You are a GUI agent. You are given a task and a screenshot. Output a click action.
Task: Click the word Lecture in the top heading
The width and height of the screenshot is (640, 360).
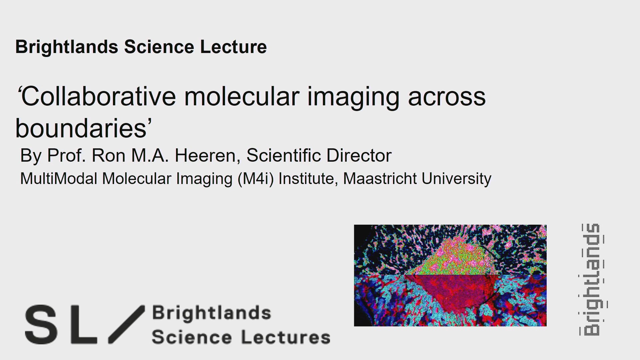[233, 47]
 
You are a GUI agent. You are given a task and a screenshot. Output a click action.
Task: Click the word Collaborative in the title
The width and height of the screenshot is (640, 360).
[97, 97]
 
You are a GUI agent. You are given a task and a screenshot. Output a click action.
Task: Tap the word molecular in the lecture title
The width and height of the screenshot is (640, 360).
[242, 97]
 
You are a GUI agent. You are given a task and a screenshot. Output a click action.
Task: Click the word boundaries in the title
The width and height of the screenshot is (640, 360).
[82, 129]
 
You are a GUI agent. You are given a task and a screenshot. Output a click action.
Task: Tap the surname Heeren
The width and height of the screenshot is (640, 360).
[205, 156]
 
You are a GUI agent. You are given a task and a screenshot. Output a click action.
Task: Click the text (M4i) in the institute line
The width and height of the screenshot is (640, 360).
[255, 179]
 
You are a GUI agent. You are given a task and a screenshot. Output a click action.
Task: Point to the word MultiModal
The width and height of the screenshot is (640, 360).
[58, 179]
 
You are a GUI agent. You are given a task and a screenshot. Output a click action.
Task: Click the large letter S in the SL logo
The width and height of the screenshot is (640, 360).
[41, 325]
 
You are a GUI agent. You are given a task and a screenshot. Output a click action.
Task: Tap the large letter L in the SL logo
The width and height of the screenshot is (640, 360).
[83, 325]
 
